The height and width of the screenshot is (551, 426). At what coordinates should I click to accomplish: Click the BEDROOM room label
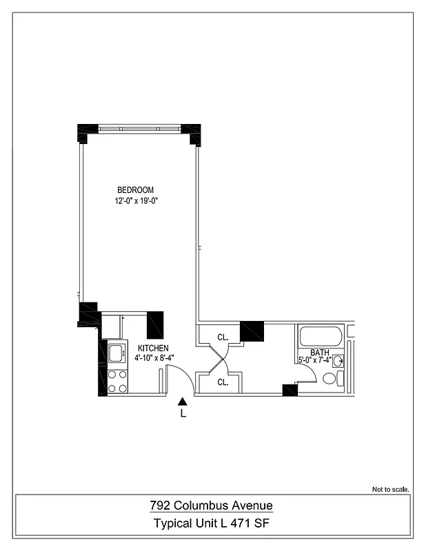[x=135, y=190]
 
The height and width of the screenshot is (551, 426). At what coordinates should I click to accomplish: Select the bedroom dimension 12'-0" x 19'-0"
[x=142, y=201]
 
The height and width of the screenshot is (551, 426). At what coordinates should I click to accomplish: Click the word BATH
[x=319, y=352]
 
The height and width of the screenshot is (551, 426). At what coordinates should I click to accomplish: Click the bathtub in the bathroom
[x=320, y=337]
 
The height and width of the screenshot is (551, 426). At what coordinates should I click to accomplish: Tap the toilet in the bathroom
[x=330, y=378]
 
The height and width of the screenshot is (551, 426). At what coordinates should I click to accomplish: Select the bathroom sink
[x=338, y=360]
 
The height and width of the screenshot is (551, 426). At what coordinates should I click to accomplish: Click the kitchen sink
[x=115, y=353]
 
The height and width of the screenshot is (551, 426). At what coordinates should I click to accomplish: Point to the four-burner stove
[x=117, y=381]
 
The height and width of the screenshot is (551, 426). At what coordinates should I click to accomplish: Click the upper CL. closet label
[x=223, y=337]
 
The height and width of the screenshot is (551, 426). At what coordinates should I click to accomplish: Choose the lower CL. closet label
[x=223, y=382]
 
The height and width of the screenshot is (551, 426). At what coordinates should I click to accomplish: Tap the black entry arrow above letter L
[x=183, y=402]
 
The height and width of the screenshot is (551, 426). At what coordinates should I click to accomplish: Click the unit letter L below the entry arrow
[x=183, y=414]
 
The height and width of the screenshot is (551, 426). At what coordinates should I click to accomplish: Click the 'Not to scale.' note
[x=391, y=489]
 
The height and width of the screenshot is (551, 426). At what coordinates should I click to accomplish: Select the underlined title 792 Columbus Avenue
[x=212, y=506]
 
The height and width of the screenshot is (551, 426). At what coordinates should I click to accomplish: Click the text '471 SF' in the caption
[x=255, y=524]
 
